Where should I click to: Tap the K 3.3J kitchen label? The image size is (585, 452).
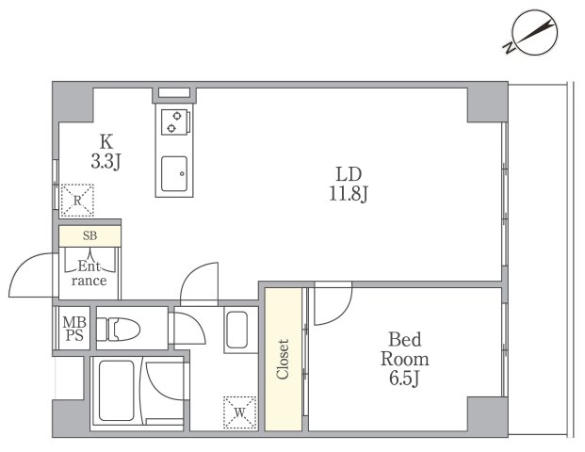click(106, 152)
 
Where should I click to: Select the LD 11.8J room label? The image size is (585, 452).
click(349, 184)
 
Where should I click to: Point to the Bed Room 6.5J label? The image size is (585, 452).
click(405, 359)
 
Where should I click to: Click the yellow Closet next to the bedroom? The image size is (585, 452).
click(284, 359)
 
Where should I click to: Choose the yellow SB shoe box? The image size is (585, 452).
click(89, 235)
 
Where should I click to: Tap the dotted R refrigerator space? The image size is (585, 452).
click(77, 201)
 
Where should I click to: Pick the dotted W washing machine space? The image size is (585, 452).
click(240, 412)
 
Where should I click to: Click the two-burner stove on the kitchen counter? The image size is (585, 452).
click(175, 122)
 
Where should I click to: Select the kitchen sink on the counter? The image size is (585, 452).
click(174, 174)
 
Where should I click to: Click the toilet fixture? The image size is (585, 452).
click(119, 329)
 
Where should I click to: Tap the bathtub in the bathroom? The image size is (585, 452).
click(117, 391)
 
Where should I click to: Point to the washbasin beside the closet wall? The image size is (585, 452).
click(236, 330)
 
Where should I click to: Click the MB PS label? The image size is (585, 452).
click(74, 329)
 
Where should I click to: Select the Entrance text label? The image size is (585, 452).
click(89, 273)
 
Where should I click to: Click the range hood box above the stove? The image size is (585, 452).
click(174, 93)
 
